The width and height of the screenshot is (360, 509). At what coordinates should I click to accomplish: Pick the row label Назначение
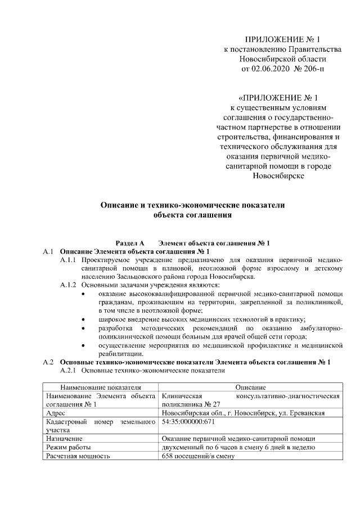coord(64,438)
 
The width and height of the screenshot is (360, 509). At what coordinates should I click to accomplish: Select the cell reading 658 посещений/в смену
coord(197,455)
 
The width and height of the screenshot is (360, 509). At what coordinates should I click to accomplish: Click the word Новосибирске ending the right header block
coord(278,175)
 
